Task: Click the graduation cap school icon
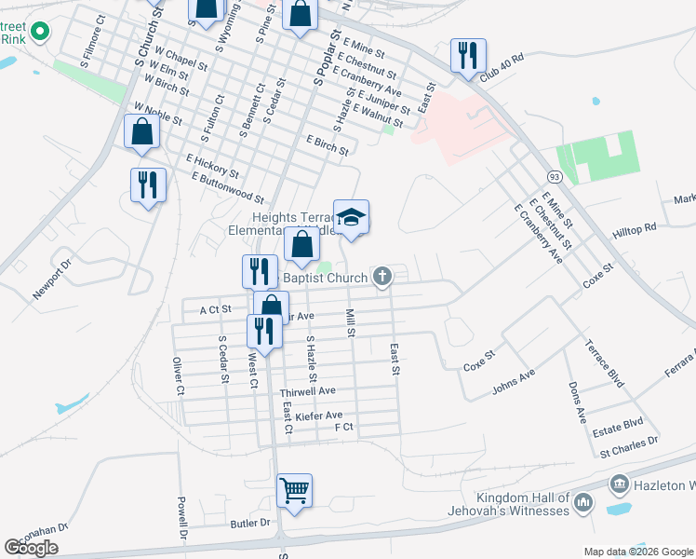351,217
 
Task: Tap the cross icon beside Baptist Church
381,276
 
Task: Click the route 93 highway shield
555,176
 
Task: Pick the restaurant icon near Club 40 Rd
467,54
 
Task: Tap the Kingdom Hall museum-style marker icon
582,504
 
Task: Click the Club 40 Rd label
502,67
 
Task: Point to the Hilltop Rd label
635,228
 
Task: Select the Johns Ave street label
514,380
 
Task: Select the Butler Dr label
251,524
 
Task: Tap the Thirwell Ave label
307,393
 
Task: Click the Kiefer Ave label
319,416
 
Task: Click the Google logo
32,547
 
